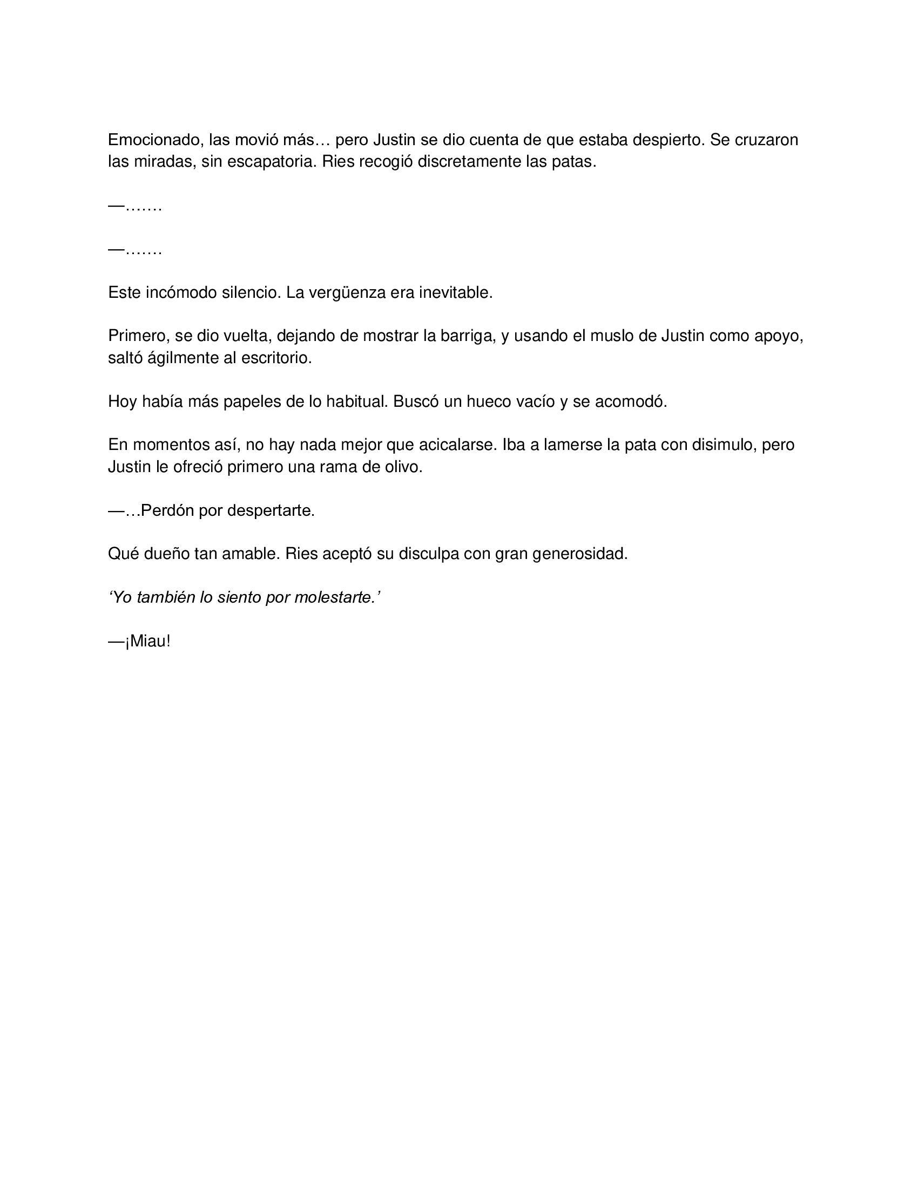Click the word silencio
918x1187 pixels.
(x=251, y=292)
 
